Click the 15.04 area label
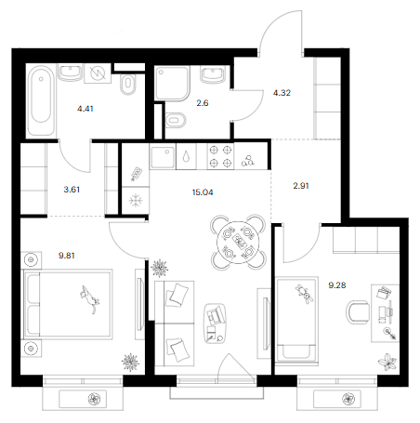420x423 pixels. click(x=203, y=192)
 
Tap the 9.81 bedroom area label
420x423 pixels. click(x=67, y=256)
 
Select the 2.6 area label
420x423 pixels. click(x=203, y=103)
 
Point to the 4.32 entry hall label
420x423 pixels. click(x=282, y=93)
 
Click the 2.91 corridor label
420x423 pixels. click(x=301, y=186)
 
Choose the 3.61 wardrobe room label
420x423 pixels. click(x=72, y=190)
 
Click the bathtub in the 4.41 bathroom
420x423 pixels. click(x=41, y=99)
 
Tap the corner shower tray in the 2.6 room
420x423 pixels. click(x=172, y=83)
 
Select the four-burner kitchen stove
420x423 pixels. click(x=220, y=156)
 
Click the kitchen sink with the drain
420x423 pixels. click(x=163, y=156)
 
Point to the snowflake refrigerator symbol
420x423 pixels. click(x=136, y=201)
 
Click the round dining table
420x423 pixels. click(x=239, y=242)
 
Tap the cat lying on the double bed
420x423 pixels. click(x=89, y=299)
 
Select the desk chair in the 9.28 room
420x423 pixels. click(x=358, y=312)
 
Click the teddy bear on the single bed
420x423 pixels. click(x=305, y=294)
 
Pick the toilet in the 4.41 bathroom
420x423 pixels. click(x=127, y=85)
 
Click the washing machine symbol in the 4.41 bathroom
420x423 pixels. click(x=98, y=73)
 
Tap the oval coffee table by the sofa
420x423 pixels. click(x=216, y=324)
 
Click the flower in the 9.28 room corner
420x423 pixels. click(x=387, y=362)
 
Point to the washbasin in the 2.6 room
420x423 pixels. click(x=213, y=74)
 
